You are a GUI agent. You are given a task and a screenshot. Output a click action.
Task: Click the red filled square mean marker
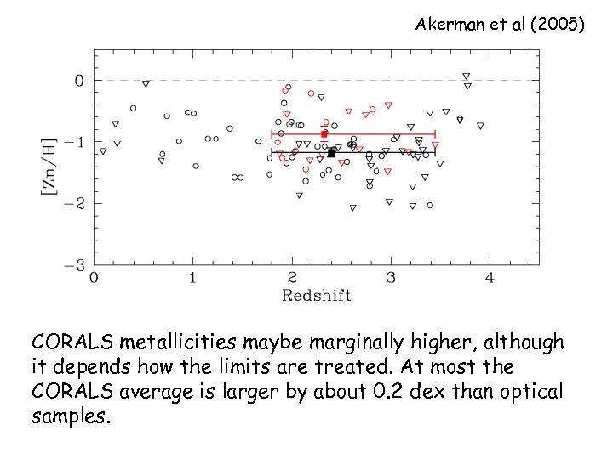pyautogui.click(x=324, y=133)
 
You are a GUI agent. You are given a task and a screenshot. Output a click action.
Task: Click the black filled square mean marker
pyautogui.click(x=331, y=152)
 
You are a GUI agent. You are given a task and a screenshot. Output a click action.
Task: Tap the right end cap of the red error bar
pyautogui.click(x=435, y=133)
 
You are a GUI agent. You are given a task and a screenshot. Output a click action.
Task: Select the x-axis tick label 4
pyautogui.click(x=490, y=278)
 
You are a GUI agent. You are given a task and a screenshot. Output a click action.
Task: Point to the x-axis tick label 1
pyautogui.click(x=192, y=278)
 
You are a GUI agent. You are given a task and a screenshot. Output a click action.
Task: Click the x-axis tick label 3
pyautogui.click(x=391, y=278)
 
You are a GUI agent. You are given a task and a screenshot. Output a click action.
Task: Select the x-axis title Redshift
pyautogui.click(x=316, y=295)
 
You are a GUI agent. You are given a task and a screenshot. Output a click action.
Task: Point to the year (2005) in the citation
pyautogui.click(x=558, y=25)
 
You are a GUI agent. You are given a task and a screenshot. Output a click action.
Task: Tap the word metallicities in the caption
pyautogui.click(x=180, y=343)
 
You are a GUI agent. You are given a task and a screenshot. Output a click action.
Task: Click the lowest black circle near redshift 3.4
pyautogui.click(x=430, y=206)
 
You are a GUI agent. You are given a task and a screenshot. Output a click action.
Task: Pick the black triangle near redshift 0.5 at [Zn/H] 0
pyautogui.click(x=146, y=83)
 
